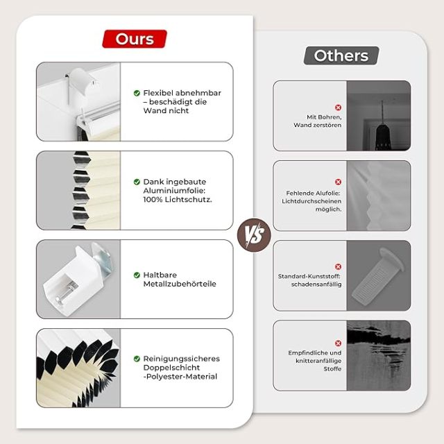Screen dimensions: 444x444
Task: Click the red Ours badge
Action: tap(135, 39)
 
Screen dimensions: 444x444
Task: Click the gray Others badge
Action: tap(341, 55)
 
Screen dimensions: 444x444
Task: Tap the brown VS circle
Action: tap(254, 235)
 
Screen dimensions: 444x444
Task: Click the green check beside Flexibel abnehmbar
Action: tap(137, 93)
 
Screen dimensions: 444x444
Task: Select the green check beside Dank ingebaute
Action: tap(137, 182)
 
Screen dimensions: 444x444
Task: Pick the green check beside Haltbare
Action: tap(137, 275)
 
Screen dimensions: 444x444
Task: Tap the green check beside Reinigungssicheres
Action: tap(137, 359)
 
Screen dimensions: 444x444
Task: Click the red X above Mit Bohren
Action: tap(338, 108)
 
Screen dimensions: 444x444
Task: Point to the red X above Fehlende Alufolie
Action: tap(338, 182)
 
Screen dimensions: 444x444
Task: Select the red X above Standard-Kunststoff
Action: tap(338, 266)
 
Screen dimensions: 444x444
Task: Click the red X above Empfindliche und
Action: tap(338, 343)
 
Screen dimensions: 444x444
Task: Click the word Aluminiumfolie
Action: tap(174, 191)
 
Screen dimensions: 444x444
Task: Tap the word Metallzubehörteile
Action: tap(180, 284)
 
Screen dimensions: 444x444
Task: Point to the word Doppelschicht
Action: tap(171, 368)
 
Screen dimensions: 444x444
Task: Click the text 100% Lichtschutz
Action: tap(178, 200)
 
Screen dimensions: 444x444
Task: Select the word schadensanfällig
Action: tap(316, 284)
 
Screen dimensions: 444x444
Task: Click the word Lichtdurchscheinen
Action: tap(311, 201)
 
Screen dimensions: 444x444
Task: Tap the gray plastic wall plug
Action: tap(377, 276)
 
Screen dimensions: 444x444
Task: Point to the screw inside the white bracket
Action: tap(67, 293)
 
